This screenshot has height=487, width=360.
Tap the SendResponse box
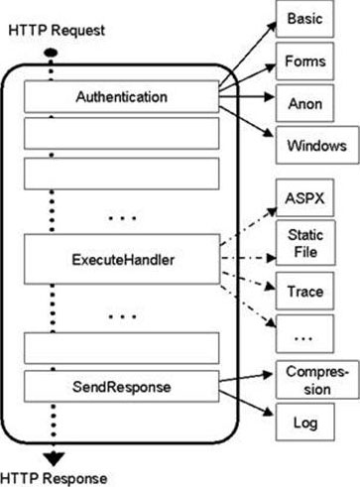(120, 383)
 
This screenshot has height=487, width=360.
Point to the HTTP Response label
(56, 477)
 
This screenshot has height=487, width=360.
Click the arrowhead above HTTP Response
(49, 457)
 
